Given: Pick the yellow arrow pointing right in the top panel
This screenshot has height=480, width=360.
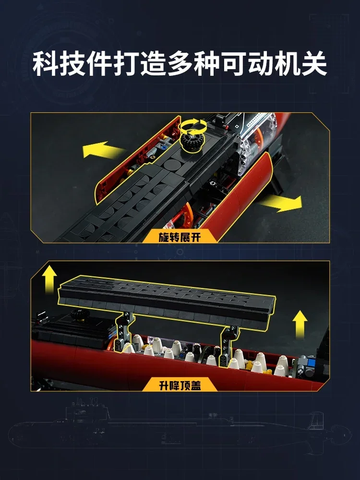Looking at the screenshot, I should click(x=284, y=203).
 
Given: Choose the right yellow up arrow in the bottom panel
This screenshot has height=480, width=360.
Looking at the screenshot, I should click(x=300, y=321).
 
